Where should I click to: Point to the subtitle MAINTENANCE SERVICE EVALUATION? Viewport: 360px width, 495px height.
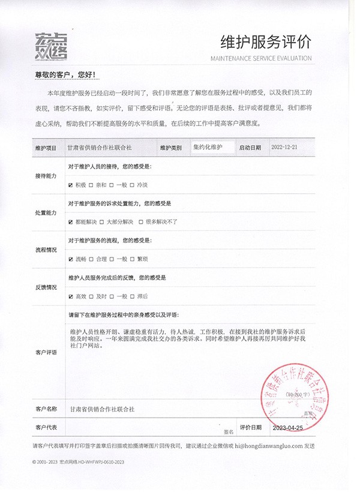[262, 58]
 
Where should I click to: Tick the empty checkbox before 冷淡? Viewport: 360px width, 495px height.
[133, 185]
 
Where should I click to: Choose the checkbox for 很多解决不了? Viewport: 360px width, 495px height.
[140, 221]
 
